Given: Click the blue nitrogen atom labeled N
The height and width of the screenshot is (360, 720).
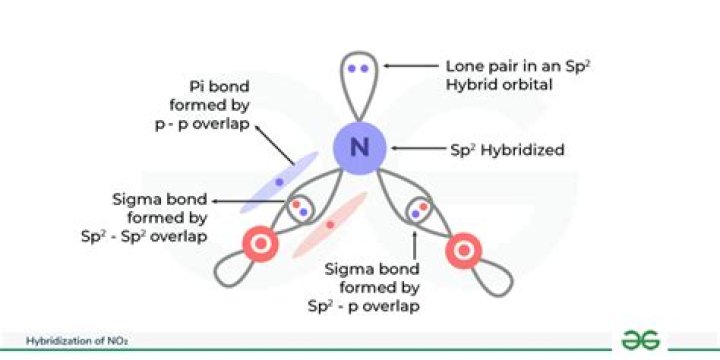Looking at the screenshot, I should pos(360,149).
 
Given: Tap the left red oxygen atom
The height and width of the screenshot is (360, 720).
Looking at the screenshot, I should pos(259,243).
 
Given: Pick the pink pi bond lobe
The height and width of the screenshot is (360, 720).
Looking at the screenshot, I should pos(331,225).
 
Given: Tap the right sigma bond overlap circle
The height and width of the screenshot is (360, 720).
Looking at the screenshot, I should pos(420,210).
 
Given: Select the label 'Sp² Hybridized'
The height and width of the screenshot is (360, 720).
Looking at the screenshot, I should pos(508,150).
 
